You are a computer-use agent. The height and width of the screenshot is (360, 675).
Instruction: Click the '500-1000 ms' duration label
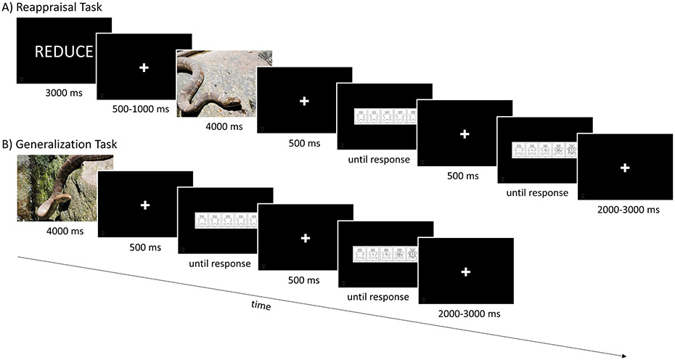point(143,110)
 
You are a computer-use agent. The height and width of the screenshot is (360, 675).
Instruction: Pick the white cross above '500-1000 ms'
point(144,67)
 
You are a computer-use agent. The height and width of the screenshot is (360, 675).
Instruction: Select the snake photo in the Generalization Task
point(65,189)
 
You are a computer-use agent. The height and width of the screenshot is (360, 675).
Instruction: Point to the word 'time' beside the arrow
point(261,306)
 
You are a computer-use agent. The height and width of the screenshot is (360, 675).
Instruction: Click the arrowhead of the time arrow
point(622,356)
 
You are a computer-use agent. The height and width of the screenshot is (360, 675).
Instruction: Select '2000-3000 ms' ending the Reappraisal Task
point(625,209)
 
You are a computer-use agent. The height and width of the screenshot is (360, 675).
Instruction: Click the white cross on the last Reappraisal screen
point(625,168)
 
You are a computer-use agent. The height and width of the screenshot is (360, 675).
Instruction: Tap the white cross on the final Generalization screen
point(466,271)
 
